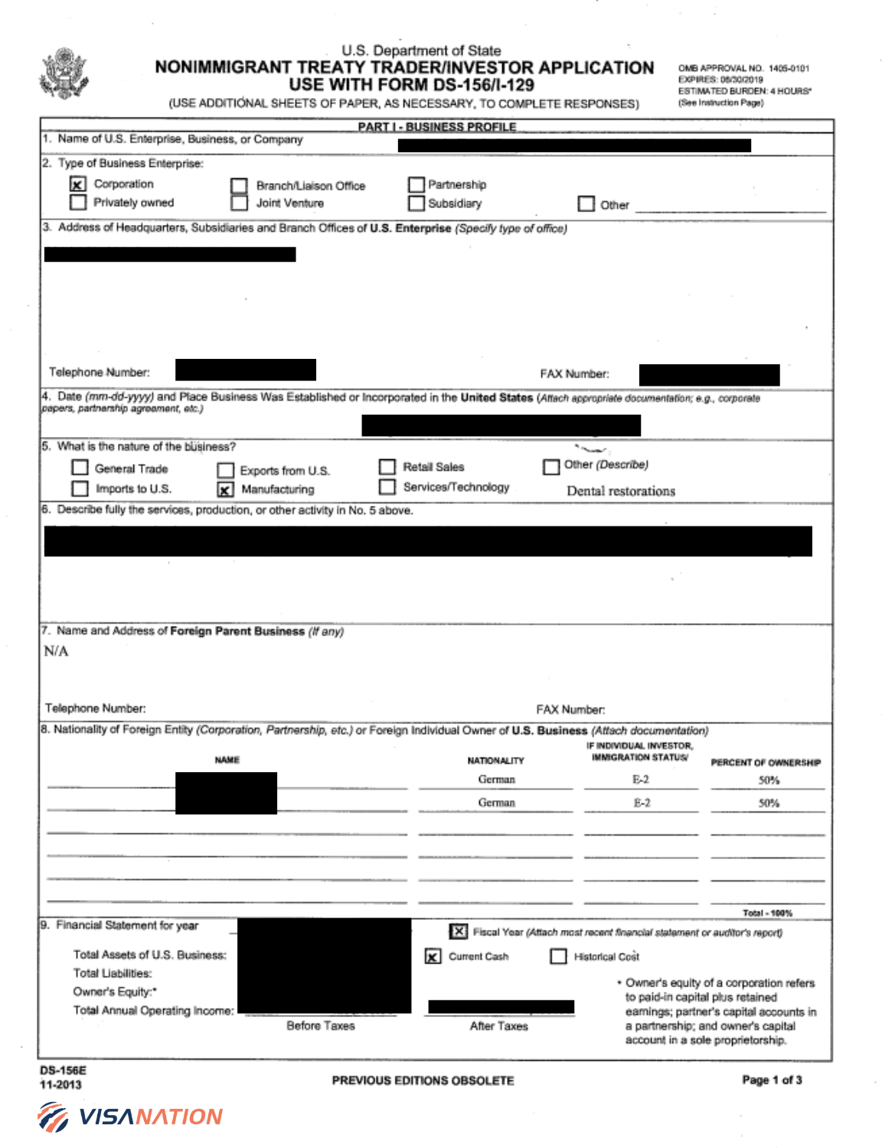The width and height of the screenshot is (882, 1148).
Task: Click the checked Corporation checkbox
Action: tap(77, 184)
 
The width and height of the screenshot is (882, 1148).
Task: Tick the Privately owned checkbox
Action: tap(77, 202)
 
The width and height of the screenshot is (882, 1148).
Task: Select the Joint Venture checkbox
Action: tap(240, 203)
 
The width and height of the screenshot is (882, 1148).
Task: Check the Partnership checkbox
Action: tap(416, 184)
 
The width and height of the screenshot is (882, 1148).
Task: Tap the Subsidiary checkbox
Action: tap(416, 203)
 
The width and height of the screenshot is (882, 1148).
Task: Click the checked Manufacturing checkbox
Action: tap(225, 489)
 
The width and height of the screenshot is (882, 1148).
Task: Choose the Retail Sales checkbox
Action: tap(387, 467)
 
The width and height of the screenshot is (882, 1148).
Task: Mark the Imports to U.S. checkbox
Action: tap(80, 488)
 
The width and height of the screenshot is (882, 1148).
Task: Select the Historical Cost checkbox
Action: tap(559, 956)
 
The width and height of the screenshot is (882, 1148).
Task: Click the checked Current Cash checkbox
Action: tap(433, 956)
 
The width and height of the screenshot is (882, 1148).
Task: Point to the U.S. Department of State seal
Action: tap(64, 73)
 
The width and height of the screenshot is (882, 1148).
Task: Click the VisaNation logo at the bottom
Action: tap(130, 1117)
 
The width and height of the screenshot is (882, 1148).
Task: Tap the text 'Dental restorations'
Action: tap(621, 491)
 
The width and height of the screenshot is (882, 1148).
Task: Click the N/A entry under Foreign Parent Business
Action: tap(56, 651)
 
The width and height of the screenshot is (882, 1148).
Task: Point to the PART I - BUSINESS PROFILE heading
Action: tap(437, 127)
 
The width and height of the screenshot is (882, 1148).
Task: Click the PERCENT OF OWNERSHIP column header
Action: tap(766, 762)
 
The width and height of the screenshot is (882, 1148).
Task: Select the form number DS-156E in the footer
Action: tap(63, 1070)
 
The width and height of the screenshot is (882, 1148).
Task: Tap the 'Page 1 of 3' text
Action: tap(772, 1080)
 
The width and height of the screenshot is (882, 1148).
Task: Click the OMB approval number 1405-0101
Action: tap(789, 68)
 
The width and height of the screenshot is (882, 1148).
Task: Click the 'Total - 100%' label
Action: tap(767, 913)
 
